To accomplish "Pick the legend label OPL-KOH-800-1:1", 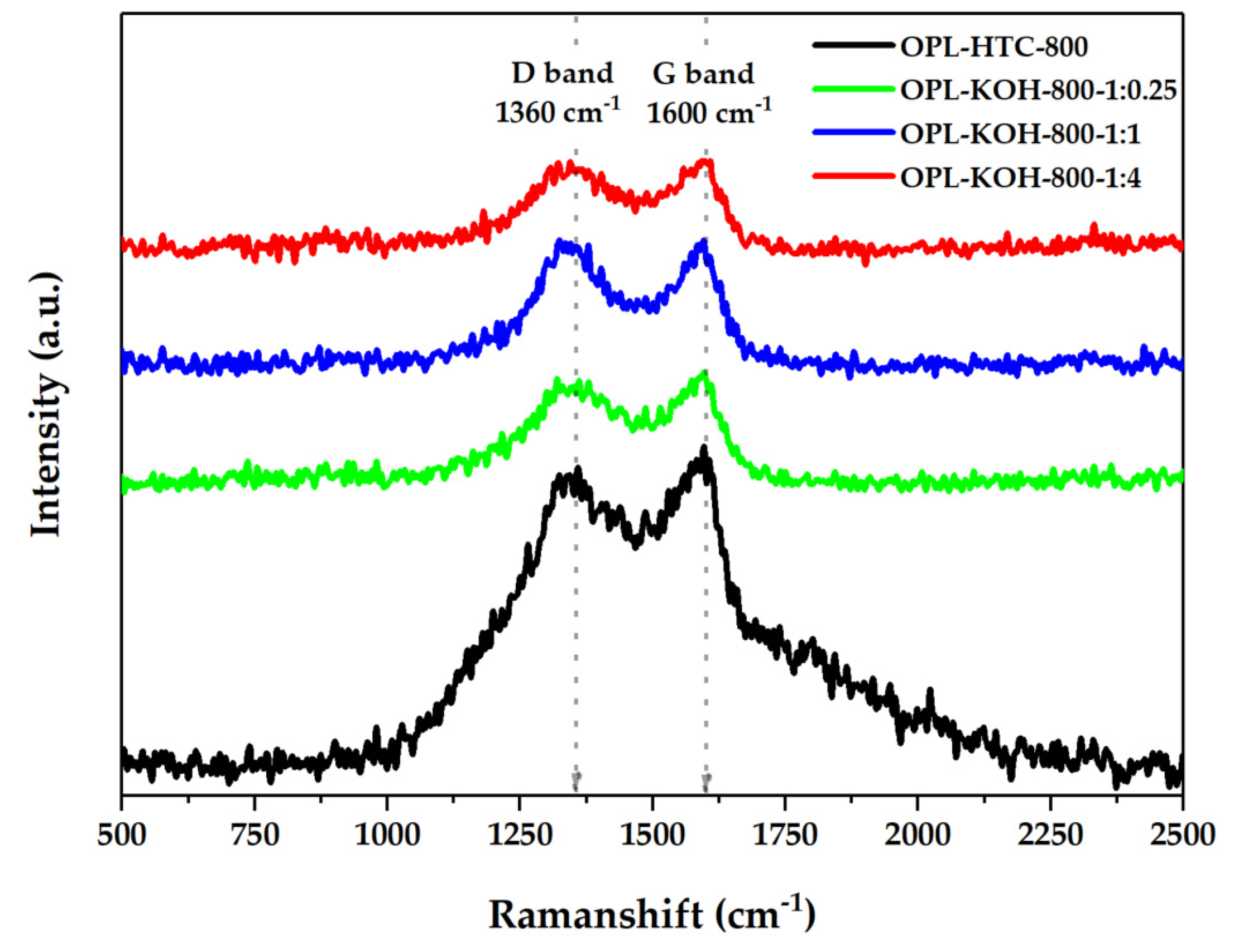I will pyautogui.click(x=1020, y=135).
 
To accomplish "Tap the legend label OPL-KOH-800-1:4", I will pyautogui.click(x=1020, y=178).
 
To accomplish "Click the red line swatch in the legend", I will pyautogui.click(x=852, y=176).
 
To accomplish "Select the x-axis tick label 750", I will pyautogui.click(x=255, y=836).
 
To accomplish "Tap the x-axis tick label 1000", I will pyautogui.click(x=387, y=836).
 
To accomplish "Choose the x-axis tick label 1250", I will pyautogui.click(x=520, y=836).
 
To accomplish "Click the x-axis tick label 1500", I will pyautogui.click(x=651, y=836).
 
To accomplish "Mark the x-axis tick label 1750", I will pyautogui.click(x=784, y=836).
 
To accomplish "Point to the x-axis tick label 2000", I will pyautogui.click(x=917, y=836).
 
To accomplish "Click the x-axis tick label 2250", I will pyautogui.click(x=1050, y=836).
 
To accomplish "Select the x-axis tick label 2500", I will pyautogui.click(x=1182, y=836).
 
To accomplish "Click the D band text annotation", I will pyautogui.click(x=561, y=74).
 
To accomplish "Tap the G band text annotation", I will pyautogui.click(x=703, y=74).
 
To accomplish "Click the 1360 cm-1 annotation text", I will pyautogui.click(x=557, y=112).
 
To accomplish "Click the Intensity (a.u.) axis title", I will pyautogui.click(x=46, y=406).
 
